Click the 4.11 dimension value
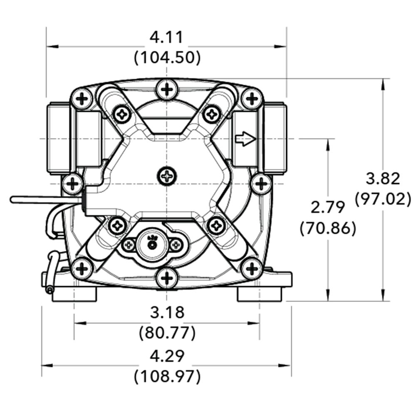167,38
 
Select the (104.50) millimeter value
167,57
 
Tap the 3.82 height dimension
383,178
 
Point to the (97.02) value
383,199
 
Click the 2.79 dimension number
327,207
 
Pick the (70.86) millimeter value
328,228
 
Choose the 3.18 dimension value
167,312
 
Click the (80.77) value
167,332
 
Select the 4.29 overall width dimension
167,356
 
